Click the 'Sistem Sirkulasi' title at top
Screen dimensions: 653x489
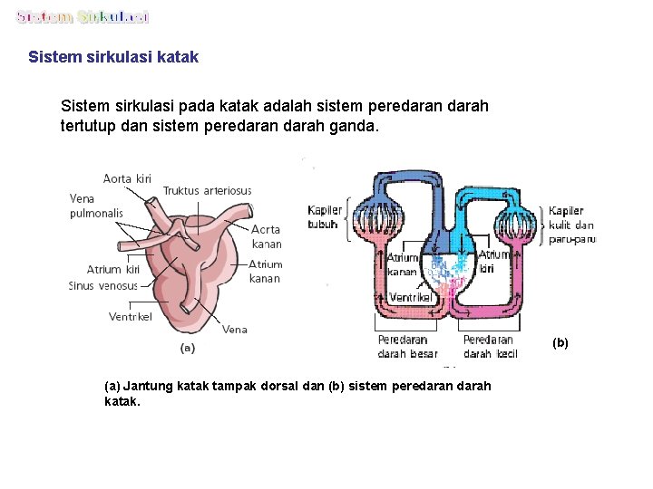point(83,17)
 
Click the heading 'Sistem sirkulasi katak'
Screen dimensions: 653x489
point(113,57)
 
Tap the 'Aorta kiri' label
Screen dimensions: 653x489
point(127,178)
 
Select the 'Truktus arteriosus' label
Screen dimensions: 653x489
point(207,190)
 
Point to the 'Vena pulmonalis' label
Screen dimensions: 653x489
point(96,206)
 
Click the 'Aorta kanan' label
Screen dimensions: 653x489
point(266,236)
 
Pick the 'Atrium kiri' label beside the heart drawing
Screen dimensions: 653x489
point(113,269)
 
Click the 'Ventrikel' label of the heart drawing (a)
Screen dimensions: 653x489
point(131,316)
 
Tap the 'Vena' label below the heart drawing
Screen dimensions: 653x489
point(235,330)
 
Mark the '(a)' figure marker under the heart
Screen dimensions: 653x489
point(188,347)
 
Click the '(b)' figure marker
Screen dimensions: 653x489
point(560,342)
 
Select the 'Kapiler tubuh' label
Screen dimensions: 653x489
point(323,217)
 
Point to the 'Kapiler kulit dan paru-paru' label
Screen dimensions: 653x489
point(571,225)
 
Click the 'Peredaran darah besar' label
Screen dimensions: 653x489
point(407,347)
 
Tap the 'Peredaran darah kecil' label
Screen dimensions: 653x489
point(490,347)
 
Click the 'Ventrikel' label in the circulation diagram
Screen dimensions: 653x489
point(411,297)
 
